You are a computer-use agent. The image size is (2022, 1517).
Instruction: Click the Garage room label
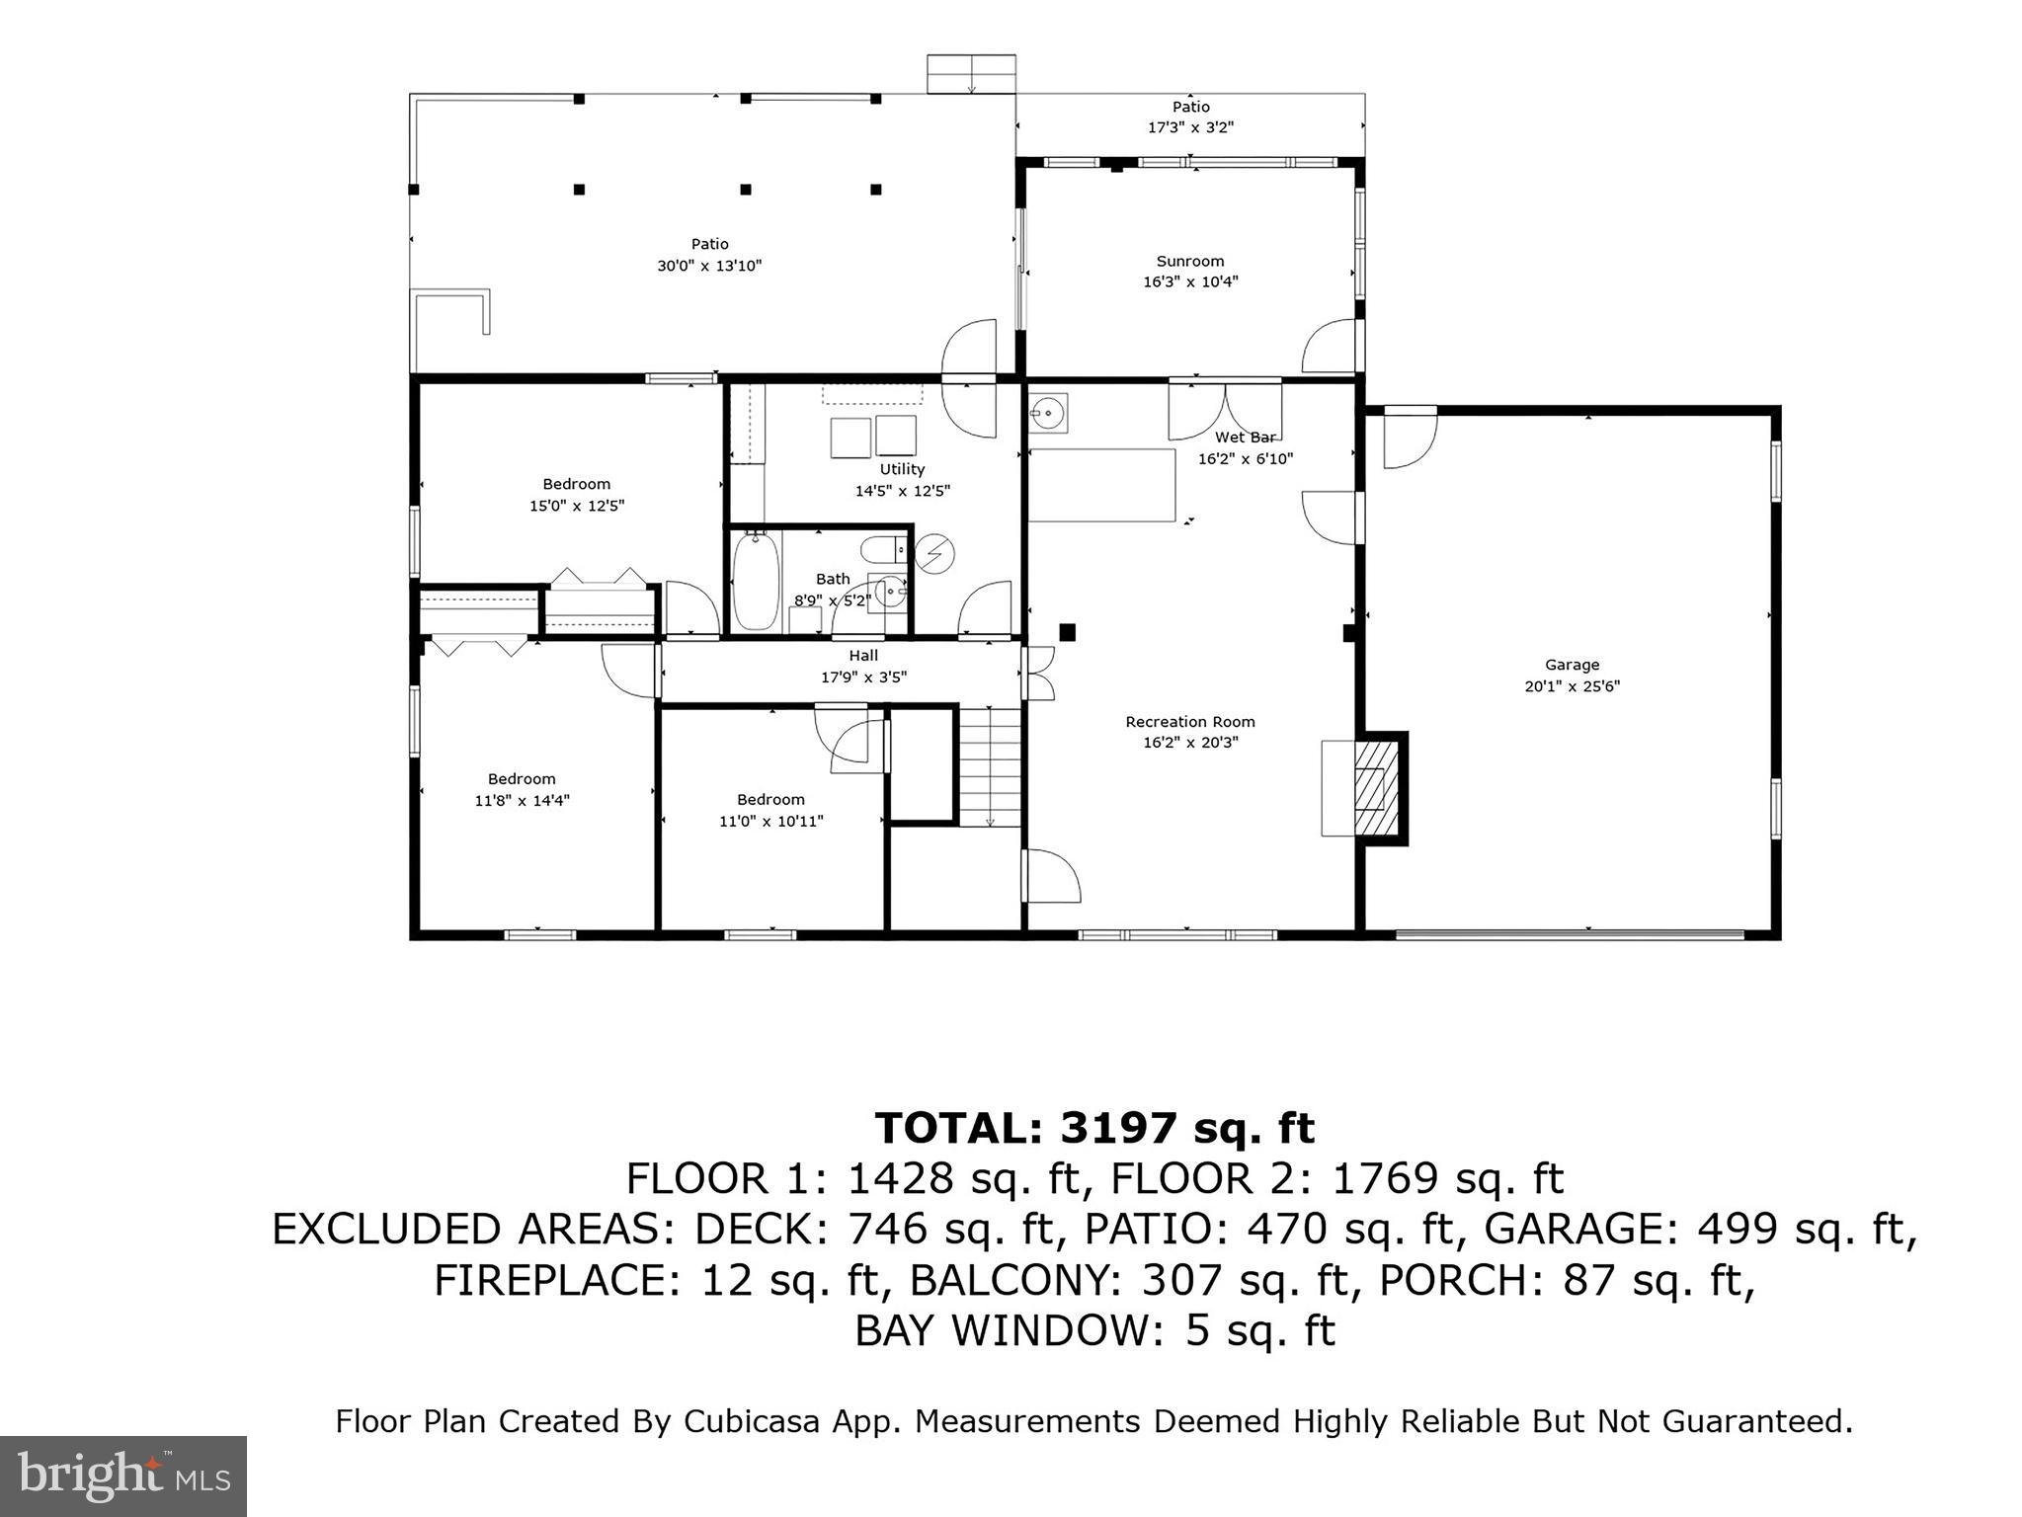[x=1571, y=665]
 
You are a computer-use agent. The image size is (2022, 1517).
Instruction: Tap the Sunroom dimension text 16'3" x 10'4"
[x=1190, y=282]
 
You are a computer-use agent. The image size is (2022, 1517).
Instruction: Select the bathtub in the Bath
[x=756, y=581]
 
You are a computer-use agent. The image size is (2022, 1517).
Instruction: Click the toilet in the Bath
[x=883, y=549]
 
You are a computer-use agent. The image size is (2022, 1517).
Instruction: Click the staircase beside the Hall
[x=990, y=766]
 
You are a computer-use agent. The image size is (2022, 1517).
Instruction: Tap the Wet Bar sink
[x=1047, y=410]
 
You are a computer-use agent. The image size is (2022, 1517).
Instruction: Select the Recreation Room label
[x=1189, y=722]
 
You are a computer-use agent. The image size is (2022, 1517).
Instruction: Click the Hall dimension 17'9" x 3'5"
[x=863, y=678]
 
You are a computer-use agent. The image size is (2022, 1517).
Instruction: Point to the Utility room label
[x=902, y=469]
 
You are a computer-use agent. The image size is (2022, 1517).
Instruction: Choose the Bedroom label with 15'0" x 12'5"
[x=577, y=484]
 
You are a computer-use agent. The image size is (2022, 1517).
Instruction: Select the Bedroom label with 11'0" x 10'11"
[x=770, y=799]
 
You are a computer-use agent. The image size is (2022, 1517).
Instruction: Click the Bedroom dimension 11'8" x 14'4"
[x=522, y=801]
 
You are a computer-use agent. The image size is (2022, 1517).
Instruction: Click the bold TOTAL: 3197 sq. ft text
[x=1094, y=1128]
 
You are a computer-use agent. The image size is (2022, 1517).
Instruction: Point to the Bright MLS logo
[x=123, y=1476]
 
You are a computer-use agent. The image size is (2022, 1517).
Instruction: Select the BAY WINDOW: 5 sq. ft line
[x=1094, y=1330]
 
